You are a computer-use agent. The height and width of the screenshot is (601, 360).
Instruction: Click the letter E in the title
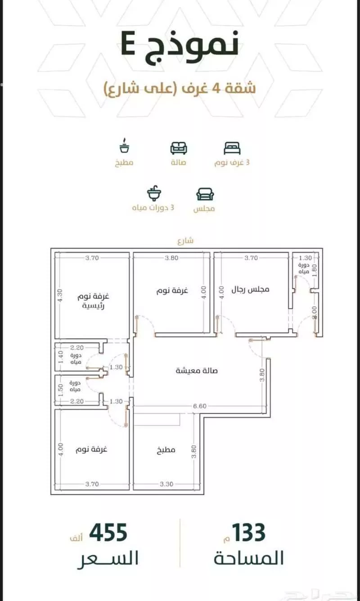pyautogui.click(x=128, y=44)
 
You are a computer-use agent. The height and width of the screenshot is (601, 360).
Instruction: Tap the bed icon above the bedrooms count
pyautogui.click(x=232, y=148)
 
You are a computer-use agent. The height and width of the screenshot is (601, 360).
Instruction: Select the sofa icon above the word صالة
pyautogui.click(x=179, y=148)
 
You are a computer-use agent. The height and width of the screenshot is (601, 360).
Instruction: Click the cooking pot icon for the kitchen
pyautogui.click(x=124, y=146)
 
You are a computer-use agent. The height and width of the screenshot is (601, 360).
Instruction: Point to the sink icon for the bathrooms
pyautogui.click(x=154, y=193)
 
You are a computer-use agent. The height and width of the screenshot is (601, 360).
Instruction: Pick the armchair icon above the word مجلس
pyautogui.click(x=205, y=194)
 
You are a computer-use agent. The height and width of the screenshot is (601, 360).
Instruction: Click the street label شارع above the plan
pyautogui.click(x=185, y=241)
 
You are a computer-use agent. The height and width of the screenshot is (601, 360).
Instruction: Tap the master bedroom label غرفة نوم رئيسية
pyautogui.click(x=93, y=301)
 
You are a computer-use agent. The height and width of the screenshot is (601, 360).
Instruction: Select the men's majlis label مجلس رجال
pyautogui.click(x=250, y=289)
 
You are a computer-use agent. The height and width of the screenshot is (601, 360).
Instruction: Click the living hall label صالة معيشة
pyautogui.click(x=197, y=371)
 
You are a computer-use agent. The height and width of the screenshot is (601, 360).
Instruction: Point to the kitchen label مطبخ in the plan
pyautogui.click(x=166, y=450)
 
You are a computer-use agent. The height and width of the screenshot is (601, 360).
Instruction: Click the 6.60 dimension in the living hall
pyautogui.click(x=200, y=406)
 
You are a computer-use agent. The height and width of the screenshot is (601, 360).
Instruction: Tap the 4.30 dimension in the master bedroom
pyautogui.click(x=60, y=295)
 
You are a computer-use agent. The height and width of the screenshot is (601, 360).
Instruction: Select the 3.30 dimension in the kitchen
pyautogui.click(x=166, y=484)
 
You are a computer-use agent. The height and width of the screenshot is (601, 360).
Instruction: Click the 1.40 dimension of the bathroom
pyautogui.click(x=60, y=357)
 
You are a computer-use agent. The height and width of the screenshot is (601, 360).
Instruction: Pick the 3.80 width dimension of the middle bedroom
pyautogui.click(x=172, y=258)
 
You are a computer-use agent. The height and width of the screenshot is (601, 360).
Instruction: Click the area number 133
pyautogui.click(x=249, y=532)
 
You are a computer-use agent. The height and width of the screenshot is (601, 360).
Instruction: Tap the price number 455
pyautogui.click(x=108, y=532)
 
